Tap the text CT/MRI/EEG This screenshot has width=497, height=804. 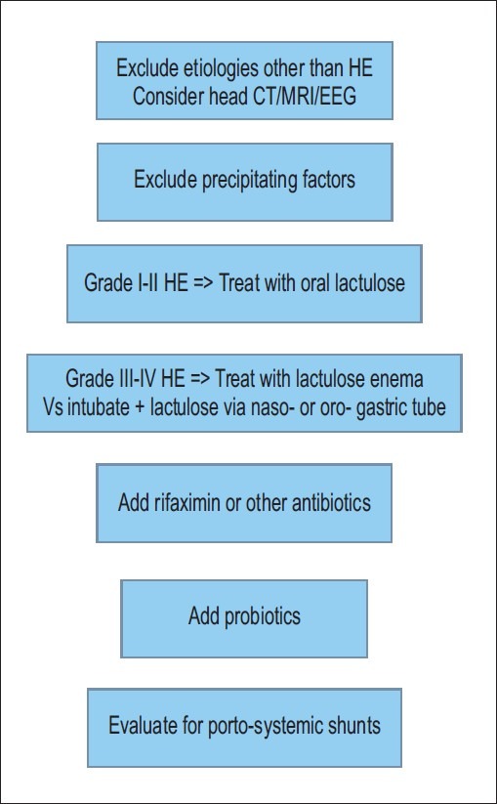304,96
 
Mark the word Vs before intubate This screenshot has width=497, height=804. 54,407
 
